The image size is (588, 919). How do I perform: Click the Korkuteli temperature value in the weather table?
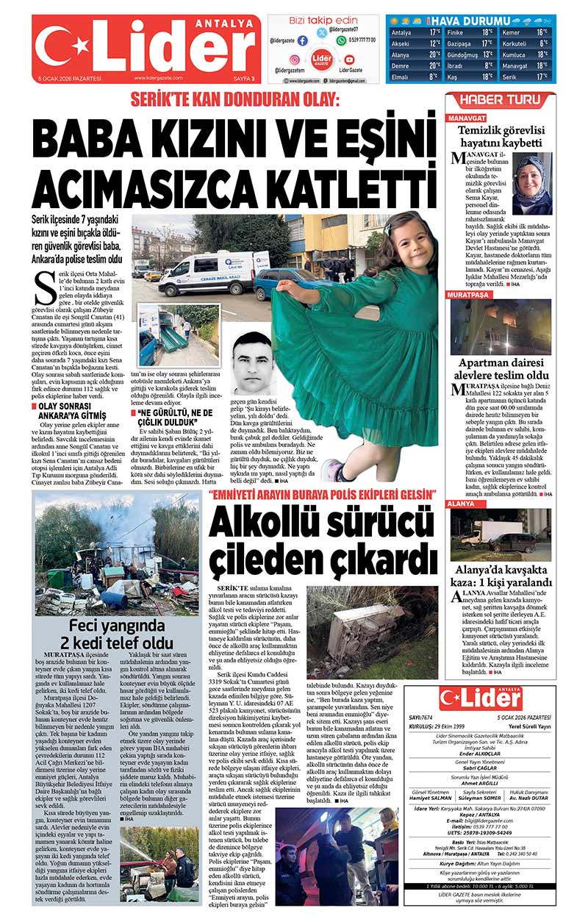[542, 43]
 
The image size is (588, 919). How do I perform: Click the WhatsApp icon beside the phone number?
[341, 40]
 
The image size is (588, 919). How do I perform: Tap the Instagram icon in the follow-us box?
[294, 59]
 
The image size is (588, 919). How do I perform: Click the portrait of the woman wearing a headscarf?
[531, 183]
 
